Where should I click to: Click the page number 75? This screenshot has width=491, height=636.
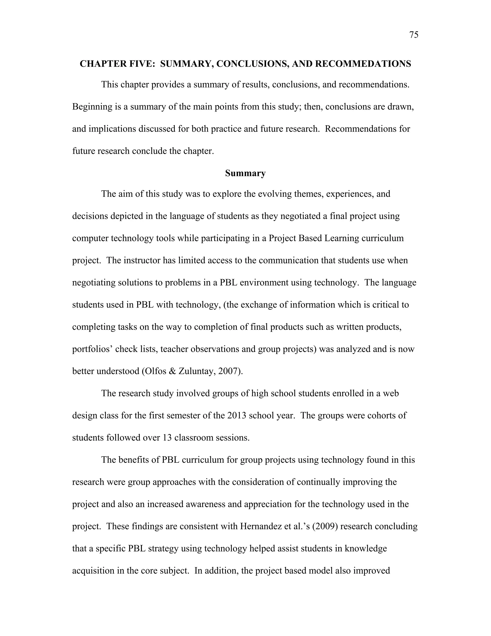(x=414, y=35)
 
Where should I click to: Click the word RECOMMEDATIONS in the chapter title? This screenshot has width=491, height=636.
(x=363, y=64)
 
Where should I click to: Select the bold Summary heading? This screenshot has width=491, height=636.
(x=245, y=173)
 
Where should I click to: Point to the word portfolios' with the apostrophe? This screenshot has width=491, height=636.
(x=92, y=349)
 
